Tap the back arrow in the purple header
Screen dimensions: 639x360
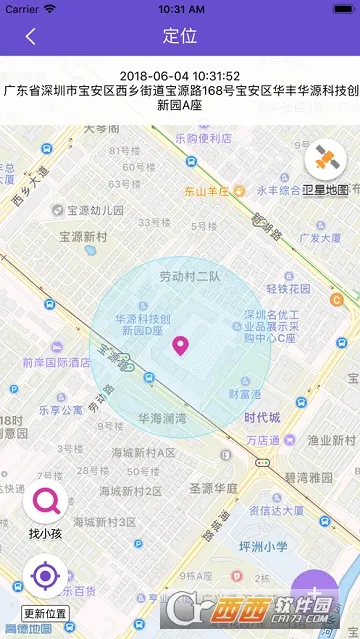(31, 36)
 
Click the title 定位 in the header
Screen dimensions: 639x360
(180, 36)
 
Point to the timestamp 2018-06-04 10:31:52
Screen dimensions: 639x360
(180, 76)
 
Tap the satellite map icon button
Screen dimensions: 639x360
(326, 157)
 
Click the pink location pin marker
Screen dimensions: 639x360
(181, 347)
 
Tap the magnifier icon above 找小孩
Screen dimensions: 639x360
(44, 501)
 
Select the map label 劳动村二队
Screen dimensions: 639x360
(189, 276)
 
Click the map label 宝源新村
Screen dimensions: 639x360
(83, 237)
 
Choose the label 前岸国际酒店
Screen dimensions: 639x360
(56, 363)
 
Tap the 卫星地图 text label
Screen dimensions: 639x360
(326, 189)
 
